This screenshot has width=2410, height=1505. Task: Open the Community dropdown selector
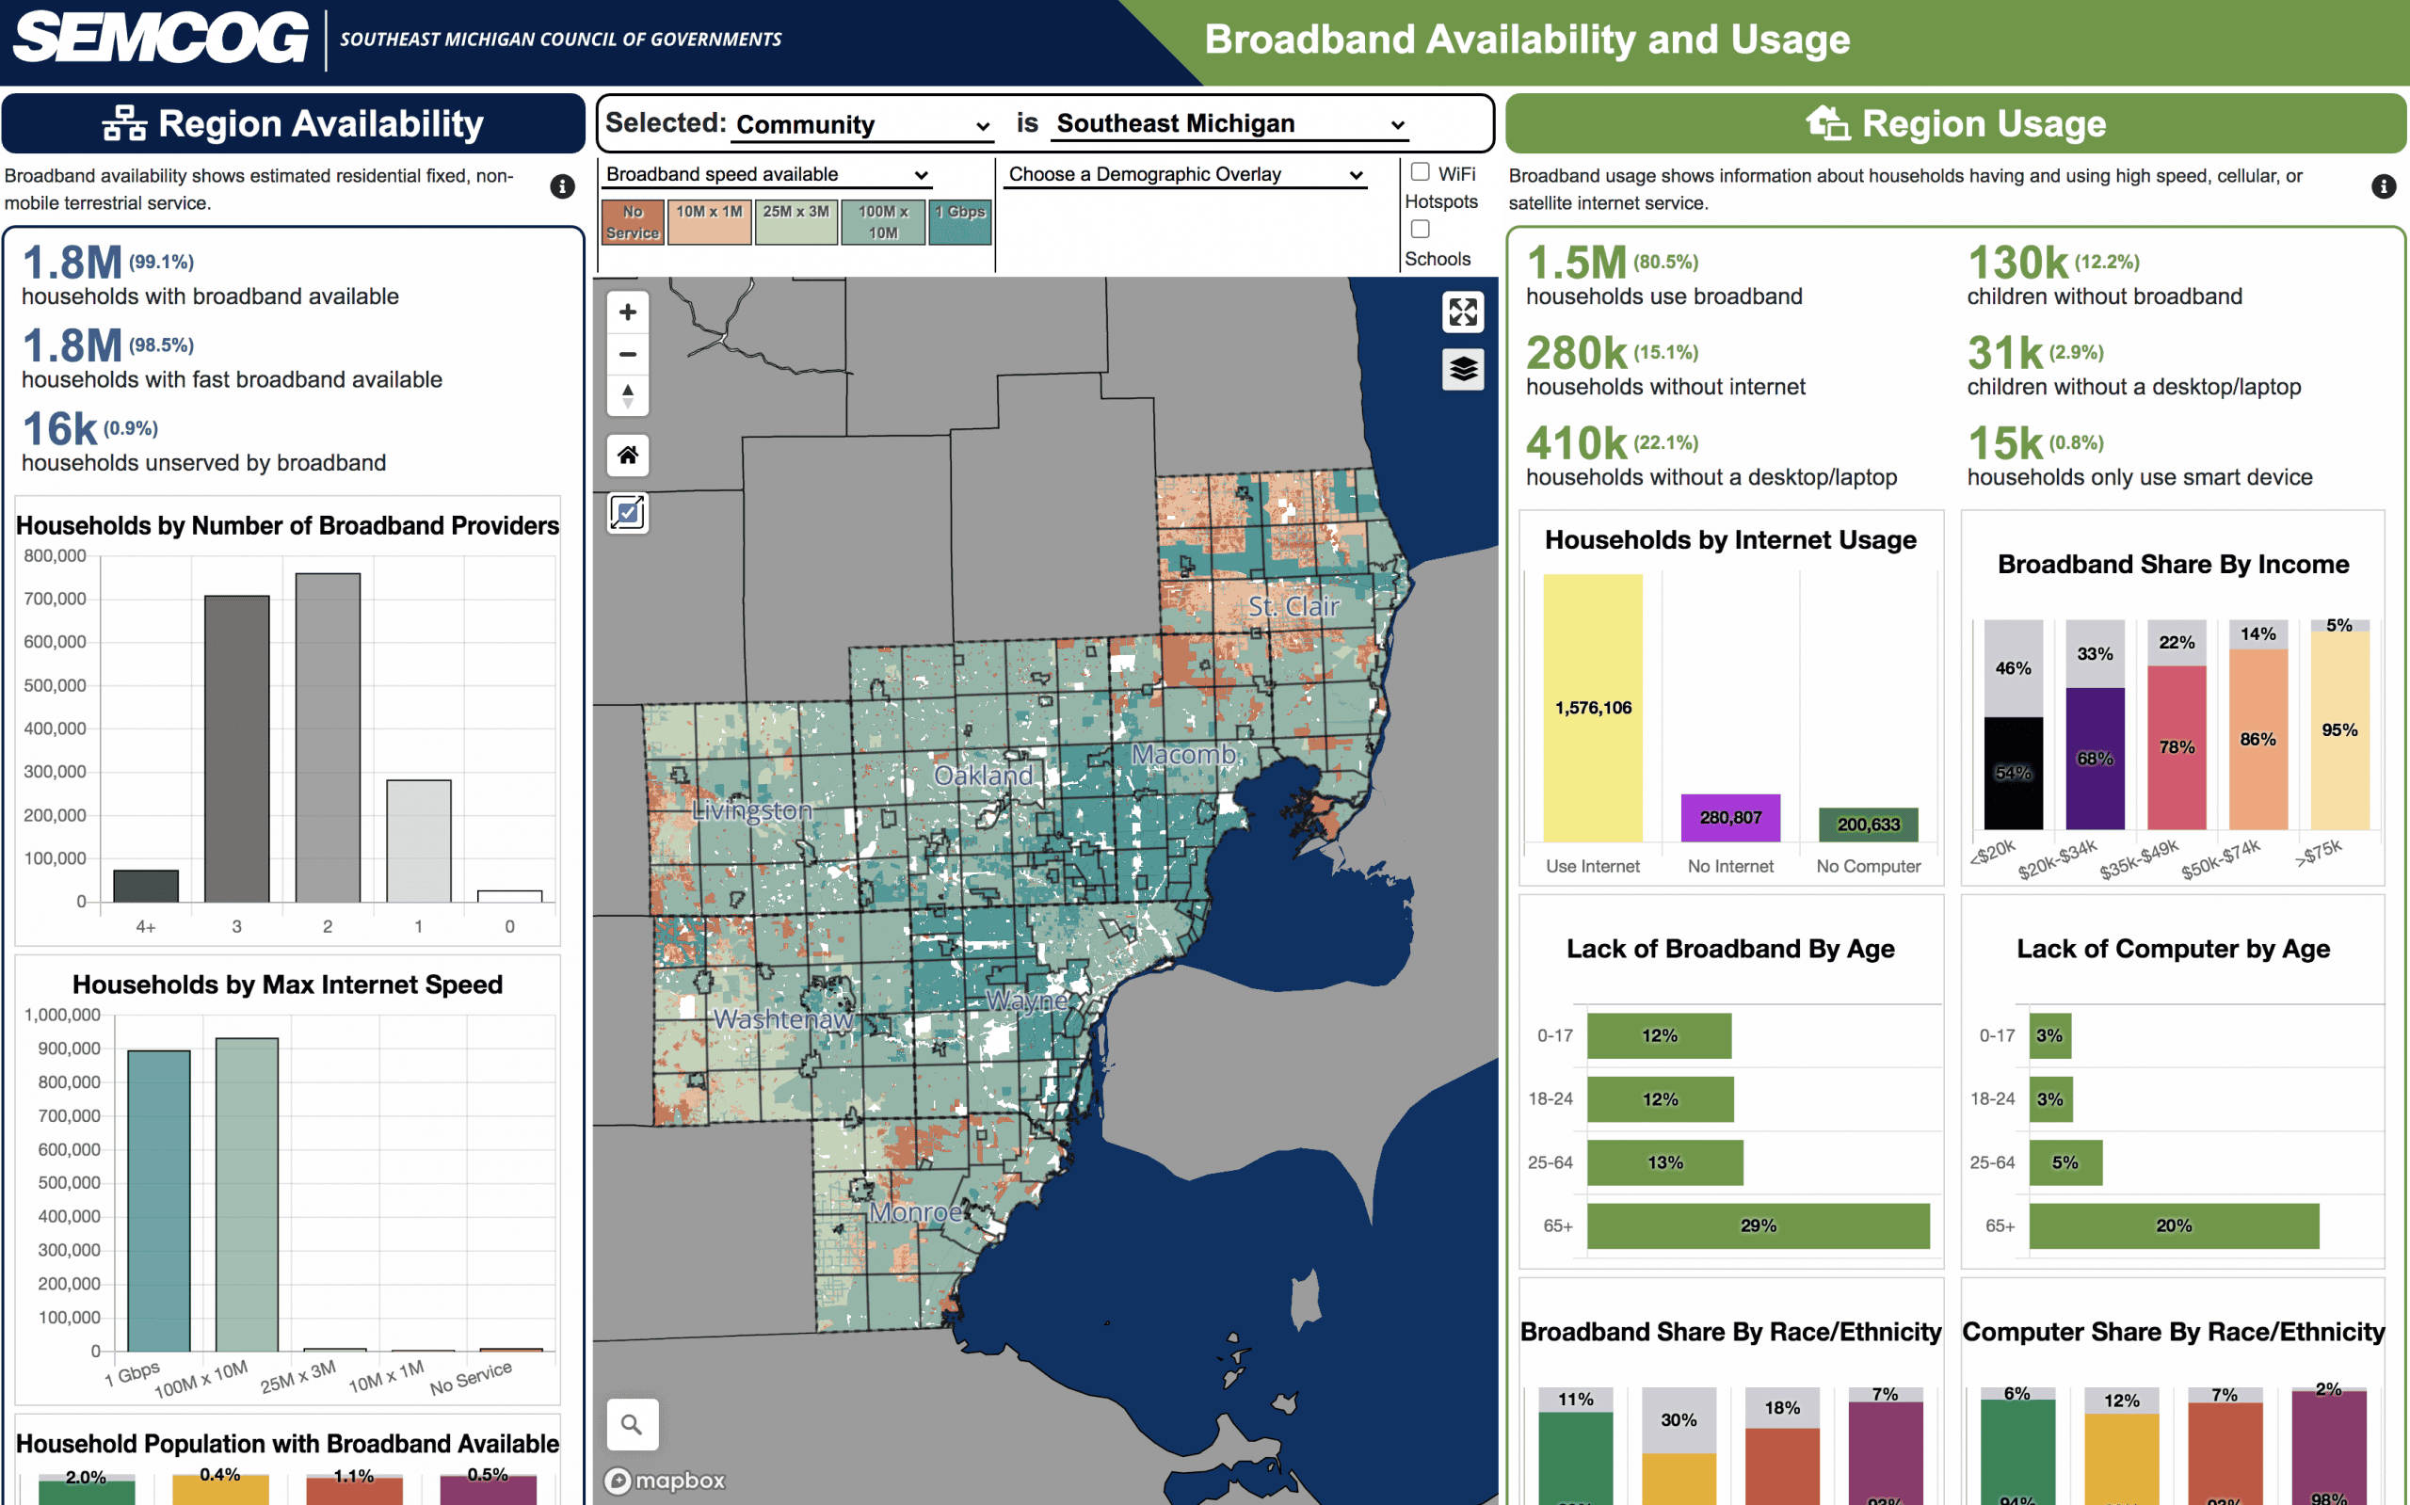(x=862, y=124)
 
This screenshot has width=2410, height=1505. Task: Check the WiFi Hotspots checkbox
(x=1421, y=172)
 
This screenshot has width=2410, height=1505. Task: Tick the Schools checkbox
(x=1421, y=229)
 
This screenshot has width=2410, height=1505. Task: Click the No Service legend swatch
(x=632, y=222)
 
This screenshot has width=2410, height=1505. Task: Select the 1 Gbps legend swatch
(x=959, y=222)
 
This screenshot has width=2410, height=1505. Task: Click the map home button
(x=627, y=456)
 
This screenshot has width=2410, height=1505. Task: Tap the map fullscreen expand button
(x=1462, y=312)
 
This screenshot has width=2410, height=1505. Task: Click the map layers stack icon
(x=1462, y=369)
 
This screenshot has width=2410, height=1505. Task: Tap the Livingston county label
(x=751, y=810)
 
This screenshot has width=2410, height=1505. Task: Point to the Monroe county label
(x=915, y=1212)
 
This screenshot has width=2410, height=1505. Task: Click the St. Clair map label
(x=1293, y=606)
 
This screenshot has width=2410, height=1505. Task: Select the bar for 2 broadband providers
(x=328, y=737)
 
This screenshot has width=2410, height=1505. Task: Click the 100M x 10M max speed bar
(x=247, y=1193)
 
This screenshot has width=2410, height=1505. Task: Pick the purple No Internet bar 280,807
(x=1730, y=817)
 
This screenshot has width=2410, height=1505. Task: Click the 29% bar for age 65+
(x=1757, y=1225)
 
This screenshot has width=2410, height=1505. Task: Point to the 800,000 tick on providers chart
(x=56, y=555)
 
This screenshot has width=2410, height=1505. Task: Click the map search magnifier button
(x=631, y=1424)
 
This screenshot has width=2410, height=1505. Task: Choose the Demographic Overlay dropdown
(x=1184, y=174)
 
